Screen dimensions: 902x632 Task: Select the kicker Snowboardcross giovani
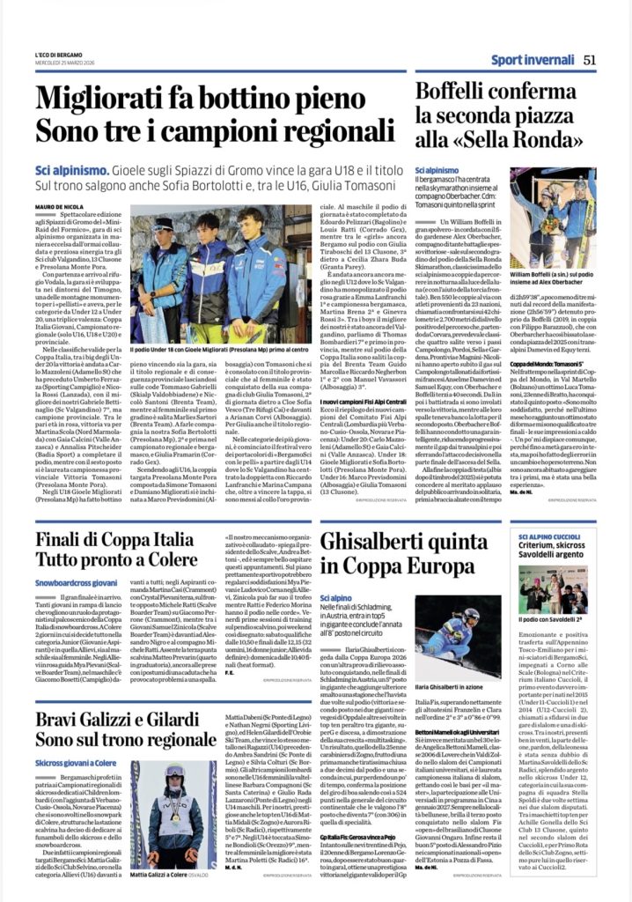pyautogui.click(x=77, y=582)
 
